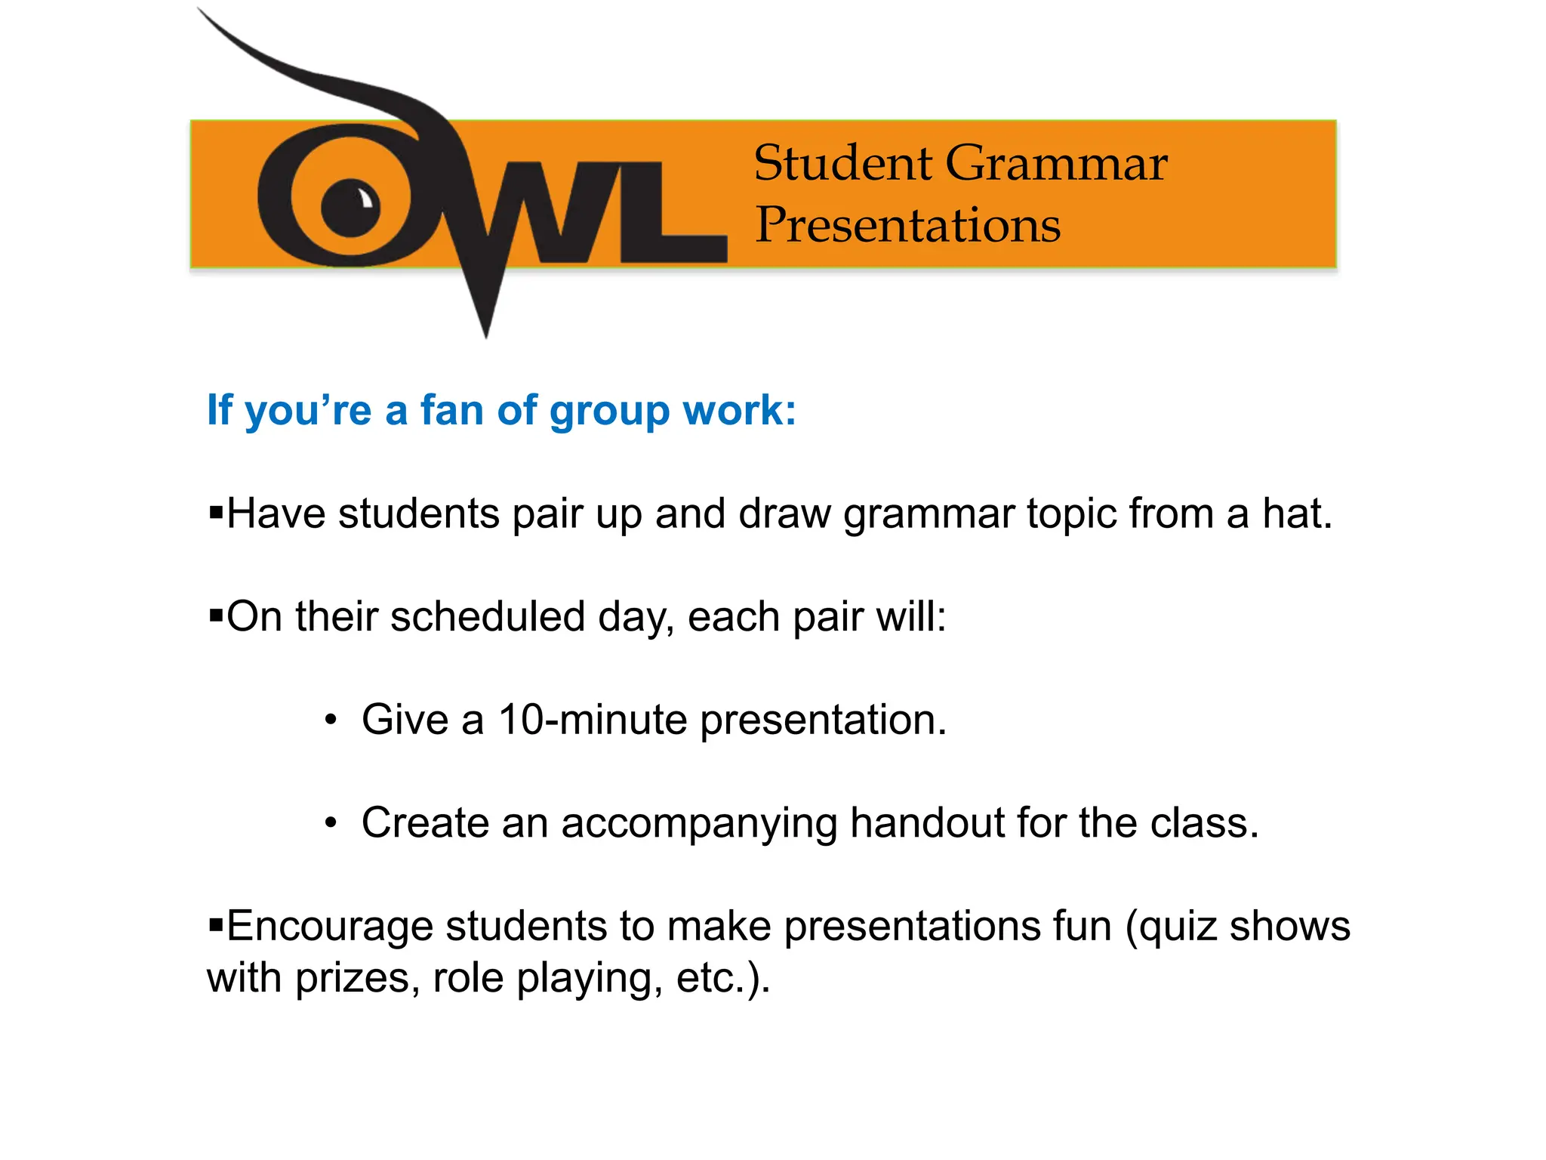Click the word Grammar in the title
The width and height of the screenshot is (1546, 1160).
click(1056, 164)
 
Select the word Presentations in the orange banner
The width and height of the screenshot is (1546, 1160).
click(908, 225)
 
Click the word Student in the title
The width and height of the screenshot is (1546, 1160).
click(842, 164)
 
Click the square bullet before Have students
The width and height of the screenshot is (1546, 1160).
click(216, 514)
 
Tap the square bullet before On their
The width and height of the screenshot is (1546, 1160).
click(216, 615)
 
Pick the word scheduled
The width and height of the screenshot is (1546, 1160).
click(487, 616)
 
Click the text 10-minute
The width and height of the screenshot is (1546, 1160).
click(593, 719)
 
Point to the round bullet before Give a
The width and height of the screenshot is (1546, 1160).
click(331, 720)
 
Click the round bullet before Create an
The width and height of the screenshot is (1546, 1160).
click(331, 823)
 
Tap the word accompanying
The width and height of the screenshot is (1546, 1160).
click(699, 824)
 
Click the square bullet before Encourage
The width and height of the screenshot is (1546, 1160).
click(216, 924)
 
